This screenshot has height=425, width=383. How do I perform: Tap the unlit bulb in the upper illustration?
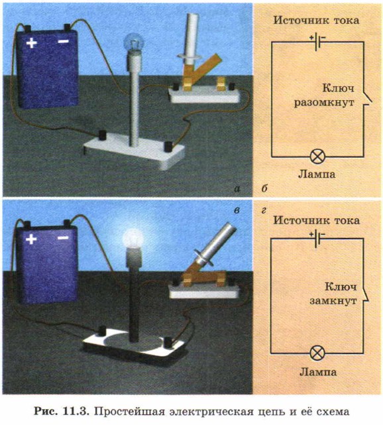(133, 42)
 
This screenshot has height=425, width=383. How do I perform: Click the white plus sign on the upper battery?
(32, 43)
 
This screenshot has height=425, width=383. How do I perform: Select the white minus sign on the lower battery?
(63, 238)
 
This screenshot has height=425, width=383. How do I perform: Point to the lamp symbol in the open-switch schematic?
(317, 156)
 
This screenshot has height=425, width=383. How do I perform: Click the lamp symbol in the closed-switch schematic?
(317, 353)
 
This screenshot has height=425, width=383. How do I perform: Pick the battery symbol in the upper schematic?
(317, 41)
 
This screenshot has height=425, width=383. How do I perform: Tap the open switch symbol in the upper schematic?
(367, 99)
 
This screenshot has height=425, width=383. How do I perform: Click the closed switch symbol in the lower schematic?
(366, 296)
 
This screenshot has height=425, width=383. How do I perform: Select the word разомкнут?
(324, 103)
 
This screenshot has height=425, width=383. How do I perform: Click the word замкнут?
(333, 301)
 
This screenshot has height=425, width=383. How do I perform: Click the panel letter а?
(237, 188)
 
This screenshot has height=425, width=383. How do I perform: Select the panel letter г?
(264, 210)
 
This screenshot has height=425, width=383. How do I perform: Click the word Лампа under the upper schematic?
(317, 174)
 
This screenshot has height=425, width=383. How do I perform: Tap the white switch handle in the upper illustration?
(191, 38)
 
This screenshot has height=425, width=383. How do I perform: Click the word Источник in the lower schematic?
(296, 220)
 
